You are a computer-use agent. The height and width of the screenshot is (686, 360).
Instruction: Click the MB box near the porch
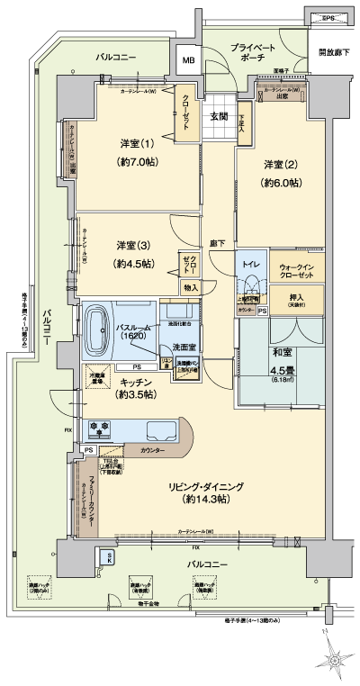click(188, 60)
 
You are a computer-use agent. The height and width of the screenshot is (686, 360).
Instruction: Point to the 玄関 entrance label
click(220, 117)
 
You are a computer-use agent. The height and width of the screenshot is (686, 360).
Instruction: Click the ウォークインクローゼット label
click(296, 271)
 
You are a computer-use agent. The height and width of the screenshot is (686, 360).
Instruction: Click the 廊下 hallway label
click(217, 243)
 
